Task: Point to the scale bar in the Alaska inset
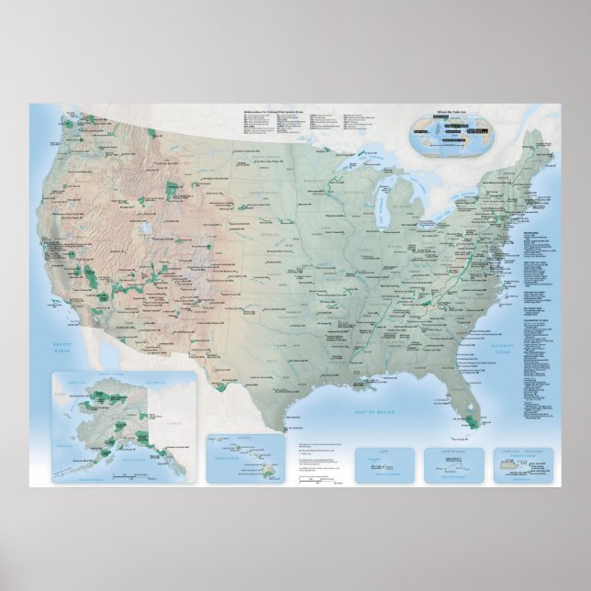tap(128, 476)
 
